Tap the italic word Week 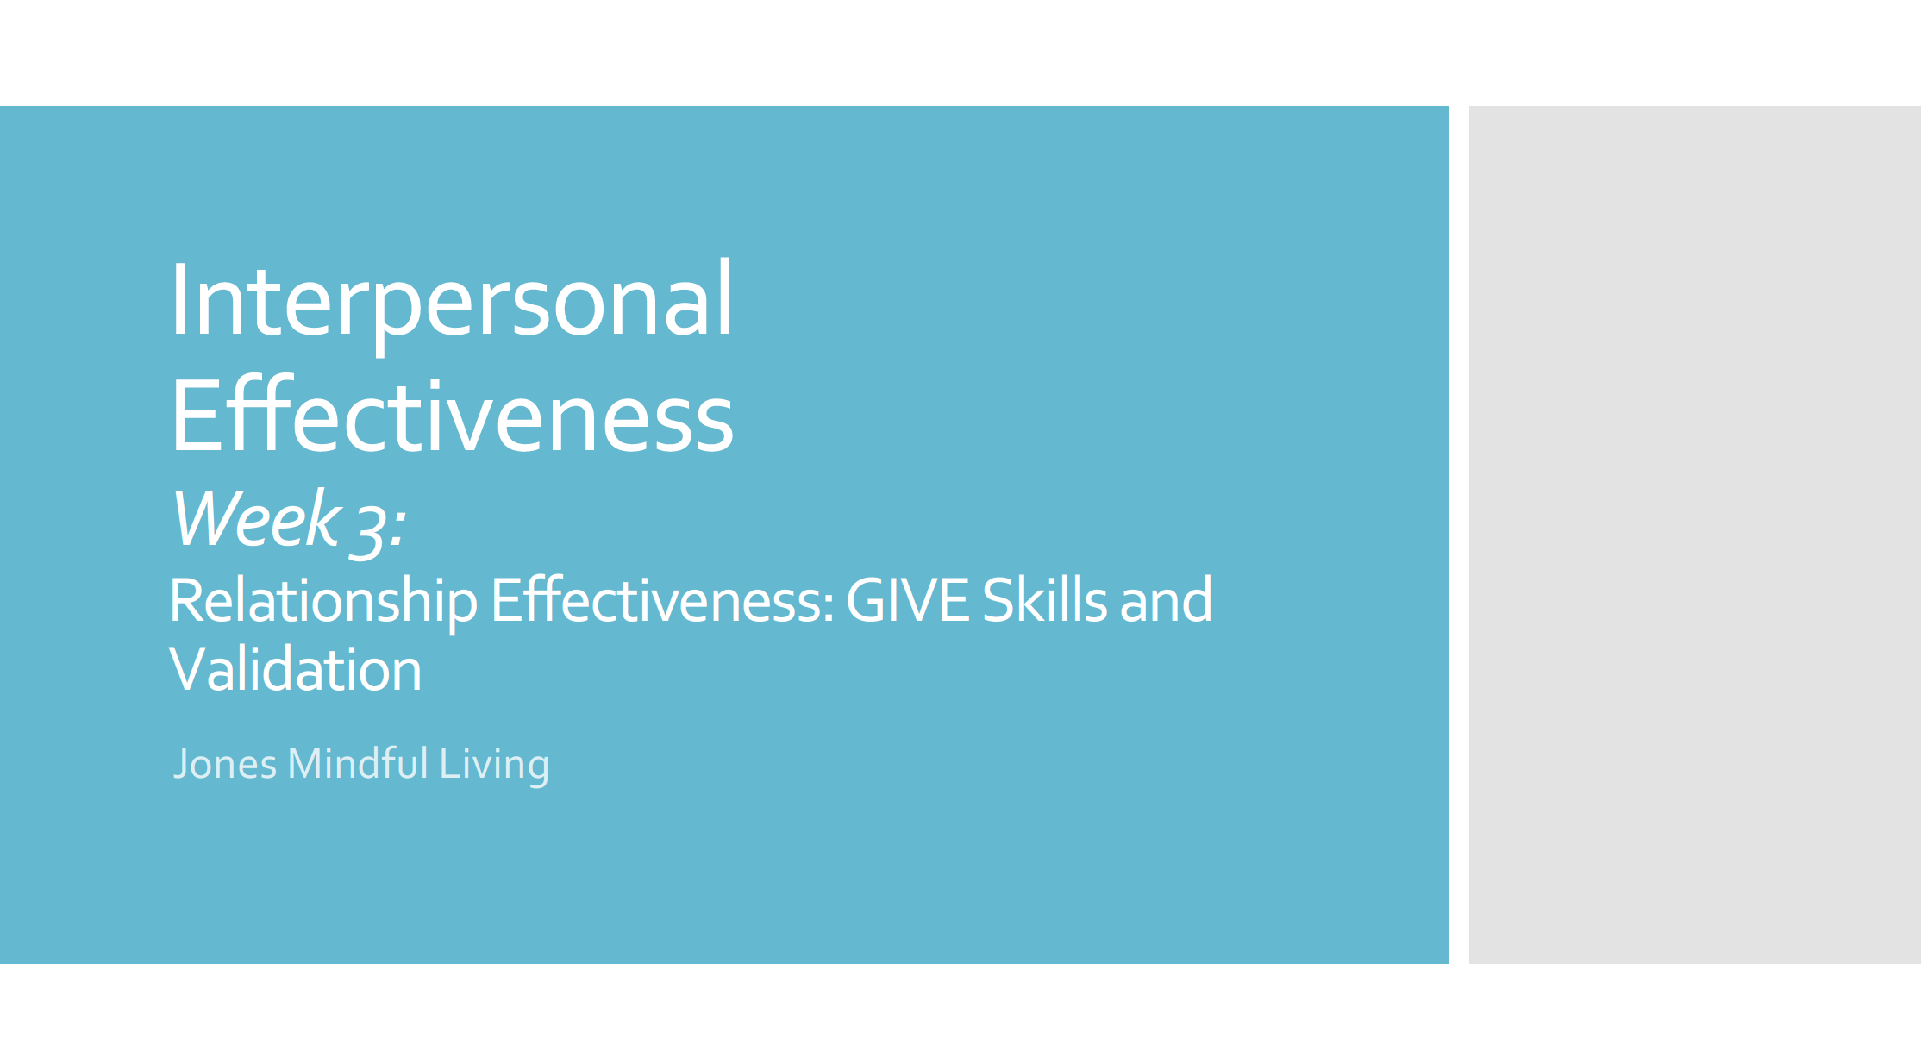click(256, 519)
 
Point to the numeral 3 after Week click(370, 524)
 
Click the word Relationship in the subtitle click(323, 601)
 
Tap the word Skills click(1044, 601)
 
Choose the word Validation click(296, 670)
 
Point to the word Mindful click(358, 764)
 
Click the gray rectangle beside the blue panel click(1693, 535)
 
